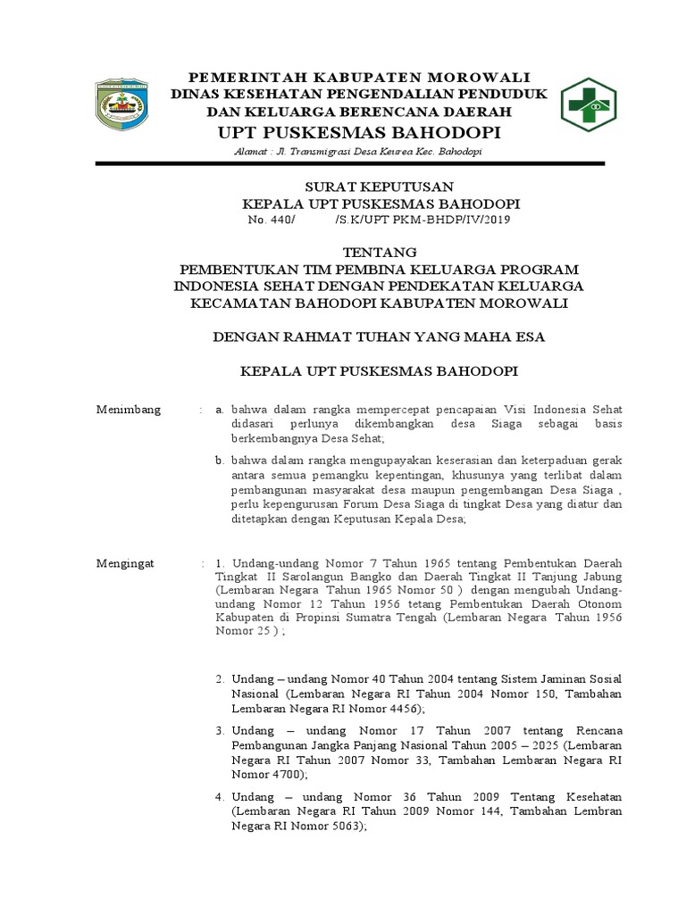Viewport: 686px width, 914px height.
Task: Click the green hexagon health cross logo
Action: coord(588,104)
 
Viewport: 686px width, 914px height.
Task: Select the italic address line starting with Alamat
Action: coord(343,152)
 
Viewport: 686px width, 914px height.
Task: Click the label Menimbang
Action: coord(129,409)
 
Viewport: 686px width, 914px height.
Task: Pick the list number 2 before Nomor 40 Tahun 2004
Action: coord(220,679)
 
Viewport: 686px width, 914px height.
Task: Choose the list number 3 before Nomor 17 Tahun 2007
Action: coord(220,730)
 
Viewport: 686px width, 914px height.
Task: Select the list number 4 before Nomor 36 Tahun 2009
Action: coord(220,795)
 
